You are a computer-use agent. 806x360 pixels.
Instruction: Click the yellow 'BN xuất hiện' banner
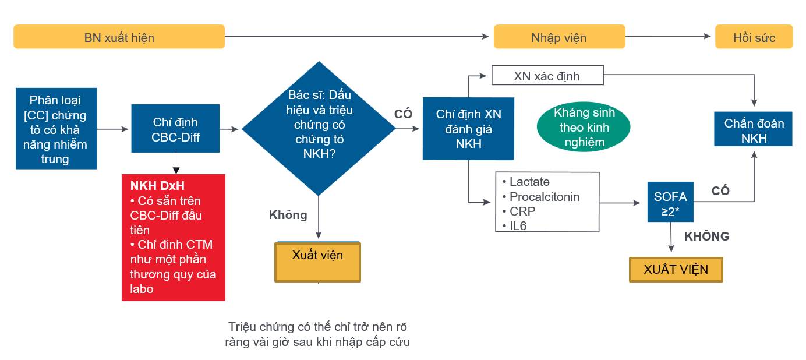pos(119,37)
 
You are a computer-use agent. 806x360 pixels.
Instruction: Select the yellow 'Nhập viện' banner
pos(559,37)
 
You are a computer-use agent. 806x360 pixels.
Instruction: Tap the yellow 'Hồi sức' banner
pos(754,37)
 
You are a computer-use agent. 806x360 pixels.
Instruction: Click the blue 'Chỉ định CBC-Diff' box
pos(175,129)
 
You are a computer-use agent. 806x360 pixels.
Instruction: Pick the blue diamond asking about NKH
pos(319,129)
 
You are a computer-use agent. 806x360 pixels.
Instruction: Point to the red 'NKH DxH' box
pos(174,238)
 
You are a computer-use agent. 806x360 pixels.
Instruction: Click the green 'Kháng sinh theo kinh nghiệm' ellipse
pos(584,127)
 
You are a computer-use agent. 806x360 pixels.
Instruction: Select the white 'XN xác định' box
pos(547,75)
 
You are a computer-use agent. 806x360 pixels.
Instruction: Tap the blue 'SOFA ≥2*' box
pos(670,202)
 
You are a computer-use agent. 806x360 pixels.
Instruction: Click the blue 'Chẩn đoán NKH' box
pos(753,129)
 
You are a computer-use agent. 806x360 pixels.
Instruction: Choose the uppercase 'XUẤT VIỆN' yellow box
pos(676,270)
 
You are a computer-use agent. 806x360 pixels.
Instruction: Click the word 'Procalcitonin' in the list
pos(545,197)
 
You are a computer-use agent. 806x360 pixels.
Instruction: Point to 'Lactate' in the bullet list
pos(529,182)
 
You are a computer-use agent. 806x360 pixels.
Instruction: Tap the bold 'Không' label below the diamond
pos(288,215)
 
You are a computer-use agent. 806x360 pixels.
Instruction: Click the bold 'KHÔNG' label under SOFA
pos(706,237)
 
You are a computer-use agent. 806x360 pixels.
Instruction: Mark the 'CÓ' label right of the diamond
pos(403,114)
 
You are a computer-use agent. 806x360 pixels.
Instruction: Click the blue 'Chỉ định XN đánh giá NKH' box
pos(468,129)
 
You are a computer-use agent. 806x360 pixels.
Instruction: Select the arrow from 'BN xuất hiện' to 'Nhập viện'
pos(357,36)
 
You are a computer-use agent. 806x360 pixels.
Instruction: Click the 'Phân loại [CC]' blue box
pos(56,129)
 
